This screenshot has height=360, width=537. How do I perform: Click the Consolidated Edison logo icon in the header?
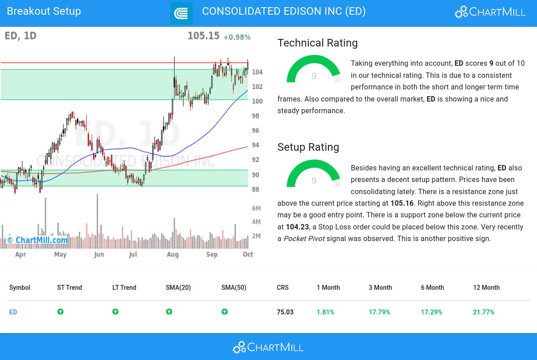point(181,13)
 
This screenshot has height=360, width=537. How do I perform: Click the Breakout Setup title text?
point(44,11)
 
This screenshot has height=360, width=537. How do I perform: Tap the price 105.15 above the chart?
point(203,36)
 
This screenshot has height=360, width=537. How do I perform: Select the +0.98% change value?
point(237,37)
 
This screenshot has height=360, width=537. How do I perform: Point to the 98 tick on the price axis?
point(256,116)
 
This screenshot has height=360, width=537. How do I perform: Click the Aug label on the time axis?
point(172,254)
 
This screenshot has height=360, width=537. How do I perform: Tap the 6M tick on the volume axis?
point(256,208)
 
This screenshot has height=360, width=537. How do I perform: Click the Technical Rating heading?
point(317,43)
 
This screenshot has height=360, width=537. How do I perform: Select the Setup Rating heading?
point(308,147)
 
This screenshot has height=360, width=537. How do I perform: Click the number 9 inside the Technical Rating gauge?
point(314,76)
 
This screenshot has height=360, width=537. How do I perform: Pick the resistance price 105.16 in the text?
point(402,203)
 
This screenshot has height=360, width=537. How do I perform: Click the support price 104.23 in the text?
point(297,227)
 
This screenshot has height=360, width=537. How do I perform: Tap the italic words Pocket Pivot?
point(304,239)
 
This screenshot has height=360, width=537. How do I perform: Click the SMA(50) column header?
point(234,288)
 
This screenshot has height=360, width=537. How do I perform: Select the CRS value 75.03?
point(285,312)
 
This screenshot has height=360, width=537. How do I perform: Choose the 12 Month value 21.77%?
point(483,312)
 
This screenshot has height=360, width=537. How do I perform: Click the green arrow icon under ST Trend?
point(60,312)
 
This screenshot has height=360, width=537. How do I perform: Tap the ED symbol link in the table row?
point(13,312)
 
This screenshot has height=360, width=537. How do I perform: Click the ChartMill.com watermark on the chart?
point(38,240)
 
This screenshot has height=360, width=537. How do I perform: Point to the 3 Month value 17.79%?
point(379,312)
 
